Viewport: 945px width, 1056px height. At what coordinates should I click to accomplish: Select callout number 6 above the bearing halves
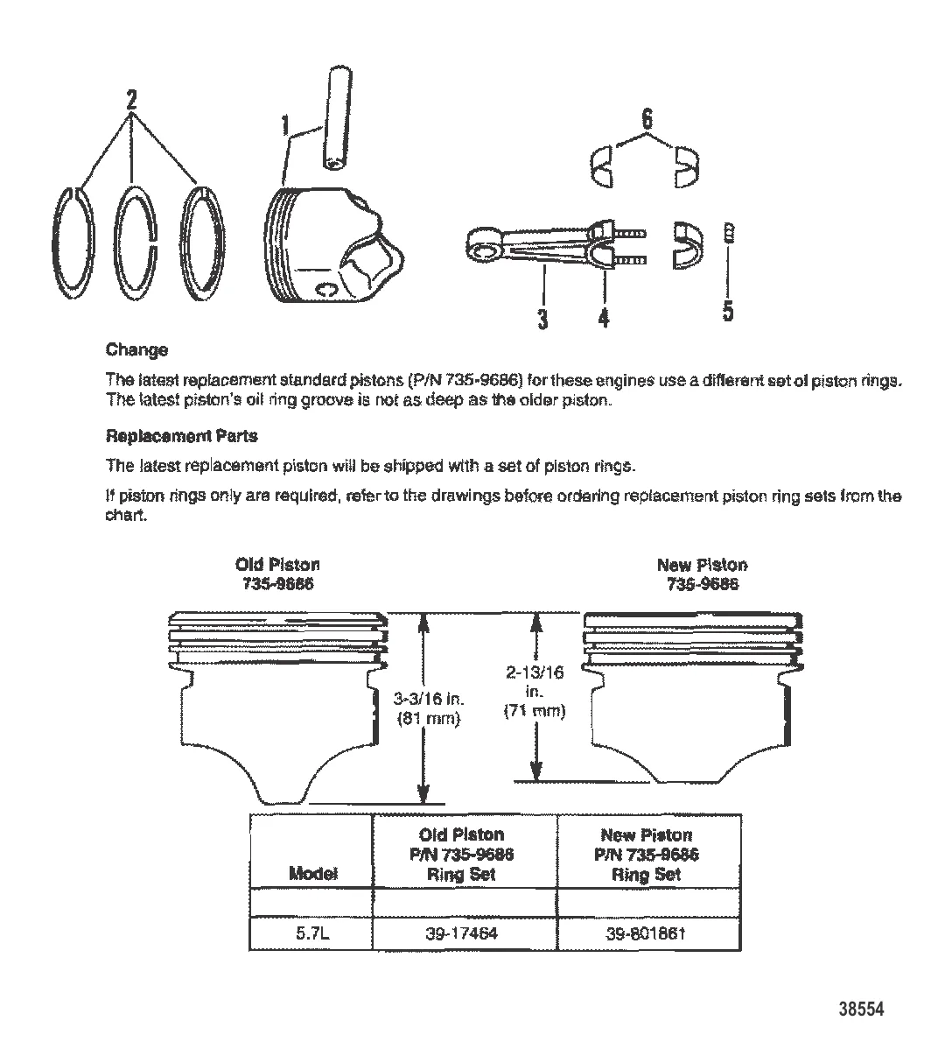click(647, 119)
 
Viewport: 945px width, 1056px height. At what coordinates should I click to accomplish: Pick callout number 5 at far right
click(728, 311)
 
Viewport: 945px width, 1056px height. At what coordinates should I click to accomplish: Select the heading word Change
click(136, 350)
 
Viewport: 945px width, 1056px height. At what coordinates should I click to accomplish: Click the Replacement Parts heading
click(181, 435)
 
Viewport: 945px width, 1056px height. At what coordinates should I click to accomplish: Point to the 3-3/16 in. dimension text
click(430, 700)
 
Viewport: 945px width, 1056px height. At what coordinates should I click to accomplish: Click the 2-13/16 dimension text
click(535, 672)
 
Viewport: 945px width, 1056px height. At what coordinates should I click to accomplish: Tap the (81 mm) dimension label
click(430, 719)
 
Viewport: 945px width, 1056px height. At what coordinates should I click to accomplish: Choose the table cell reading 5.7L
click(311, 933)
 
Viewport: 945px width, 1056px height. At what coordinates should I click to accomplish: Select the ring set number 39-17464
click(462, 933)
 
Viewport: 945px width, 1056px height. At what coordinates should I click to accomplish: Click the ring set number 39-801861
click(646, 933)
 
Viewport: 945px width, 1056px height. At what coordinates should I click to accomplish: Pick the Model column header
click(311, 874)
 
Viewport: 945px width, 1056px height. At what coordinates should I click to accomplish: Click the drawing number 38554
click(862, 1010)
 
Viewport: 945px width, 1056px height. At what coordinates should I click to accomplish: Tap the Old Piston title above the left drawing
click(277, 565)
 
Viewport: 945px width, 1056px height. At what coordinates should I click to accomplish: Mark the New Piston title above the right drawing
click(702, 565)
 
